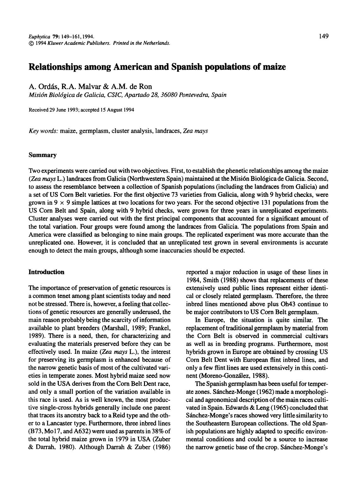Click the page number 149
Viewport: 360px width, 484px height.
tap(323, 36)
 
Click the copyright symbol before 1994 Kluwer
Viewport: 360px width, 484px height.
tap(31, 43)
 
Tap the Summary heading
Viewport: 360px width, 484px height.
tap(43, 155)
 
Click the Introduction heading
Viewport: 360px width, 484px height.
tap(46, 272)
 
